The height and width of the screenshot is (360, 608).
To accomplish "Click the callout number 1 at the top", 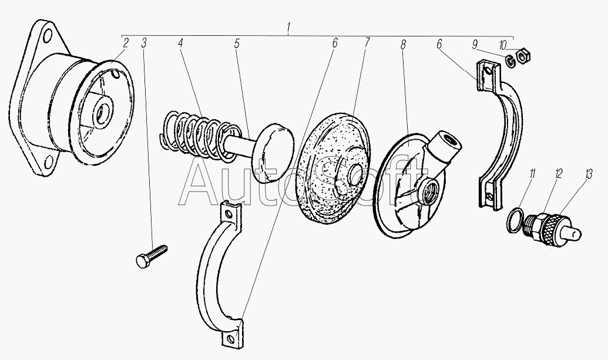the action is [288, 28].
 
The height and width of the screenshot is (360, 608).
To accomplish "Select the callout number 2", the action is [125, 43].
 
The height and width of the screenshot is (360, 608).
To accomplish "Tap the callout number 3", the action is [144, 43].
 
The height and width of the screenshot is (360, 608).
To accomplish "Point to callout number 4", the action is [180, 43].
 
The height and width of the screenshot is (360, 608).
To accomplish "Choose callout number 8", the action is [403, 45].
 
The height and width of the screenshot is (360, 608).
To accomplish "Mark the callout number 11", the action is [532, 173].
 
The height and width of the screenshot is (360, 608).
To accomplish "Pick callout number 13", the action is [589, 174].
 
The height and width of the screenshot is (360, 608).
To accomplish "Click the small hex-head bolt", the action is [152, 256].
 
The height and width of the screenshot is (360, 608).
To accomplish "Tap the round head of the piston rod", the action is [273, 153].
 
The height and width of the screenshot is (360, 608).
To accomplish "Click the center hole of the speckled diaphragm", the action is [354, 173].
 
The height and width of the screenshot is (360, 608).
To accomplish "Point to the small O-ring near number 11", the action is [515, 220].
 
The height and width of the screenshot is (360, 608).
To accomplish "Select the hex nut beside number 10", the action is [524, 55].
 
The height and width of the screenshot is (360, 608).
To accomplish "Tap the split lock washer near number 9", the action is [510, 61].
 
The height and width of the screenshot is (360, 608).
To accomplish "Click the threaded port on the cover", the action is [428, 187].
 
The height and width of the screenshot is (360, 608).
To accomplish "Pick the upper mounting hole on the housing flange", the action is [48, 36].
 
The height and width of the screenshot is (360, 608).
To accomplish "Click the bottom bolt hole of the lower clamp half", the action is [231, 339].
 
